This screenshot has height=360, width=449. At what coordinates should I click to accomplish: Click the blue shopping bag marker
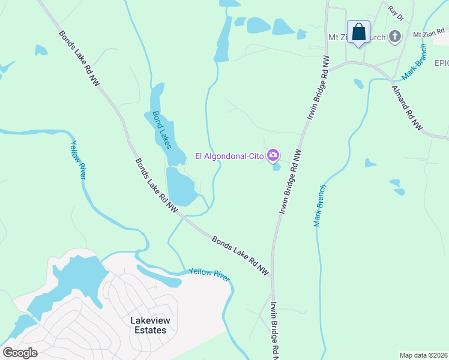[x=358, y=32]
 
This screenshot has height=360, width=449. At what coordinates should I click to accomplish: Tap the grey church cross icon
[x=395, y=37]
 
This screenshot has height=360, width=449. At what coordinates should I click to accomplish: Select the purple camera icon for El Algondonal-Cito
[x=273, y=156]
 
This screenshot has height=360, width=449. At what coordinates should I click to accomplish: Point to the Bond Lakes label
[x=161, y=130]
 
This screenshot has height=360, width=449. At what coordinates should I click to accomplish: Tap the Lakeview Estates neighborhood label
[x=149, y=325]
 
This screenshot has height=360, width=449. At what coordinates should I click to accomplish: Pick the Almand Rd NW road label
[x=407, y=108]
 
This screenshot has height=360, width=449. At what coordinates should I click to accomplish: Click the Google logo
[x=20, y=353]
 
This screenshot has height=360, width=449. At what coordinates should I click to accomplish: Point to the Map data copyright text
[x=424, y=355]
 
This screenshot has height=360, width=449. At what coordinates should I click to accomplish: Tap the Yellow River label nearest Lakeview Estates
[x=209, y=273]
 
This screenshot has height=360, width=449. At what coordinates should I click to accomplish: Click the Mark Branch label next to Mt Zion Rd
[x=415, y=62]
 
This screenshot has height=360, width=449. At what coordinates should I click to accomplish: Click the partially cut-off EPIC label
[x=441, y=63]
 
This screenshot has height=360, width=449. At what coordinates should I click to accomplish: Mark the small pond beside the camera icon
[x=276, y=167]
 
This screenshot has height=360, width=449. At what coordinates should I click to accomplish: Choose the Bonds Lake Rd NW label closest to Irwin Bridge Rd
[x=240, y=255]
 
